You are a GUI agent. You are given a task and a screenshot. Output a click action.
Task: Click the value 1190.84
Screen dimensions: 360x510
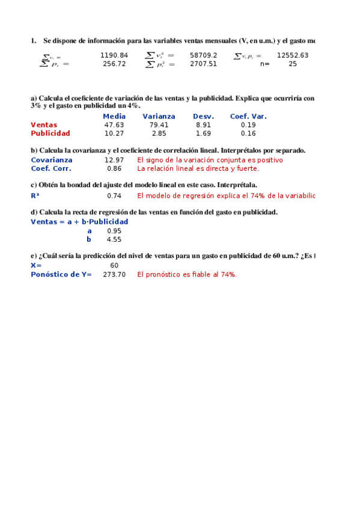114,55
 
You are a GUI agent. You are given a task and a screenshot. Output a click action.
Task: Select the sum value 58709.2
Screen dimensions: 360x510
203,55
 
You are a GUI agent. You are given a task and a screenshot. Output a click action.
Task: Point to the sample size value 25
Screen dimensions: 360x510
292,64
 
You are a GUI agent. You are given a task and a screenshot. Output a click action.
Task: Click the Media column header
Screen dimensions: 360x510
114,117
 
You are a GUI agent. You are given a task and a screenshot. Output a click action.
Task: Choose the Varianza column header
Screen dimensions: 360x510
159,117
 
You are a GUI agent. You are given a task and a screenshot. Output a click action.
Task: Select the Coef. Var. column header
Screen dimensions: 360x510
248,117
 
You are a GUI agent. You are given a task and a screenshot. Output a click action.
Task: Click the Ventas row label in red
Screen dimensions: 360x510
44,125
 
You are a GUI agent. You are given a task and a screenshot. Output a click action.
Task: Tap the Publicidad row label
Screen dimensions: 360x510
50,134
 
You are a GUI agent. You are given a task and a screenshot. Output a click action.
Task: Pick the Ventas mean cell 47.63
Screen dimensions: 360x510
114,125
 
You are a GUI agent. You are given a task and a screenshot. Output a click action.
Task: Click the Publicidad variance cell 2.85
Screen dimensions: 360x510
159,134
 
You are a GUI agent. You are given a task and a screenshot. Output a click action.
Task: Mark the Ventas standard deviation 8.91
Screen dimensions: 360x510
203,125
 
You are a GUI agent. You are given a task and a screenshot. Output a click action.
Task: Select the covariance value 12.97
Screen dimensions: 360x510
114,161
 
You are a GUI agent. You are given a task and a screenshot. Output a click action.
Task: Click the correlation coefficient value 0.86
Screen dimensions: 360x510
114,169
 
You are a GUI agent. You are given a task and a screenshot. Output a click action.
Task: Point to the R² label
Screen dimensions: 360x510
35,196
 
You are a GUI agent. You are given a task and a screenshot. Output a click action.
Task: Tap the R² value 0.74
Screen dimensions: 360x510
114,196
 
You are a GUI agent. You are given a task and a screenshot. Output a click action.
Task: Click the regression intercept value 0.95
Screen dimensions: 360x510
114,231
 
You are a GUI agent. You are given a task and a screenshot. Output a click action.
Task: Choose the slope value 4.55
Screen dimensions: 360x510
114,239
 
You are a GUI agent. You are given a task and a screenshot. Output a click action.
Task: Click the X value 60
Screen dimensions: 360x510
114,265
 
